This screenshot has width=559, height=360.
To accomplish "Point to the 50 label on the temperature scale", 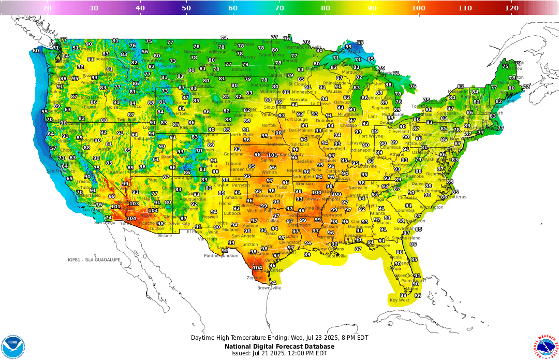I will point(186,8).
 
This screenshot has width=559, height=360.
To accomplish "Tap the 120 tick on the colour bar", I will point(511,8).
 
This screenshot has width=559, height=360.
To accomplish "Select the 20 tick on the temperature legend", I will point(47,8).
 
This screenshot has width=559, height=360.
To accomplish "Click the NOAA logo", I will point(13,346).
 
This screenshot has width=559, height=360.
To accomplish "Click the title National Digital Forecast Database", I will point(279,347).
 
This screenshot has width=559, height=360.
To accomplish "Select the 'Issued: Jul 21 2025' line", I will point(279,353).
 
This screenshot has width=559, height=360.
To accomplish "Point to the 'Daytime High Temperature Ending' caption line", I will point(279,338).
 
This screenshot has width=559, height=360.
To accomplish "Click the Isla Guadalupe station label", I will point(94,260).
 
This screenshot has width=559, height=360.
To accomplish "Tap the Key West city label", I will point(399,300).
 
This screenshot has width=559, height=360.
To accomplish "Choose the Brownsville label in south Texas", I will point(269,288).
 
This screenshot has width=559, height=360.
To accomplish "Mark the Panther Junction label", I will point(221,255).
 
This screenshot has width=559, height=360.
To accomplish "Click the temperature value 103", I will point(134,204).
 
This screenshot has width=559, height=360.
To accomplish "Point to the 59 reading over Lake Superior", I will point(348,47).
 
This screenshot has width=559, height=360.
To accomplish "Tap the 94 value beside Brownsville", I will point(273,283).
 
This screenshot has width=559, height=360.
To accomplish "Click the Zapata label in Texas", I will point(254,278).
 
